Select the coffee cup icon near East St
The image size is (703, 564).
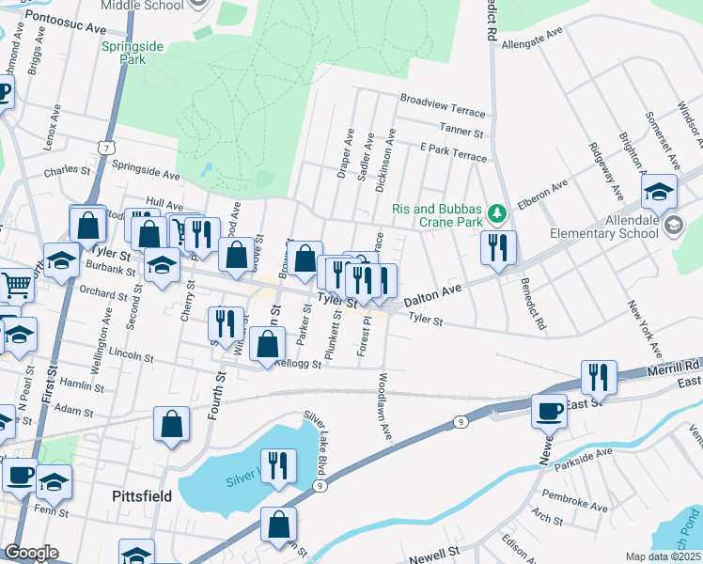550,410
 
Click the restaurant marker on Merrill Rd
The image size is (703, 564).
598,377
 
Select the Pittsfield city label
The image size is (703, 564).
141,495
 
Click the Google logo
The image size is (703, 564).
31,553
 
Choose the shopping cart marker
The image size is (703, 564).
16,283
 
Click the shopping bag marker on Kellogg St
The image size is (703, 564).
268,343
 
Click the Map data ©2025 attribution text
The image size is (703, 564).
662,556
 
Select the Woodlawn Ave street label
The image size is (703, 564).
384,407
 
